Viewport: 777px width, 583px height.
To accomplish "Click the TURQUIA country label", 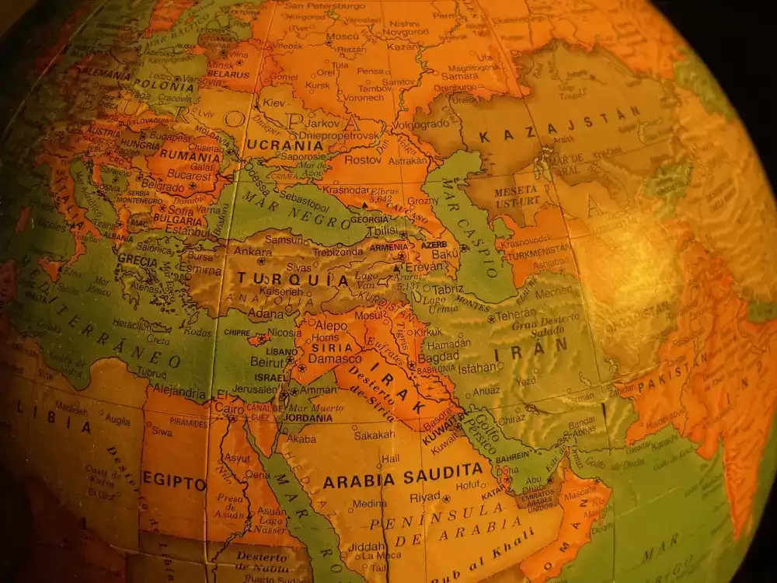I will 293,279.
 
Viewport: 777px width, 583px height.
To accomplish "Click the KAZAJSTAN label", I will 560,126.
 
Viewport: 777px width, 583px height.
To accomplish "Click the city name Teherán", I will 515,317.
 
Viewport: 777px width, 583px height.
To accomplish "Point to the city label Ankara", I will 253,251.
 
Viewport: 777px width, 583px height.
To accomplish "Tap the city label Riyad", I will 425,497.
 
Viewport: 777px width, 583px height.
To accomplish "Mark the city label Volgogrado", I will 420,124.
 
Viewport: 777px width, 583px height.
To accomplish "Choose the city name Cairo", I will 229,408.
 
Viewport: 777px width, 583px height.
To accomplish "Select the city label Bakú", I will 446,253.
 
